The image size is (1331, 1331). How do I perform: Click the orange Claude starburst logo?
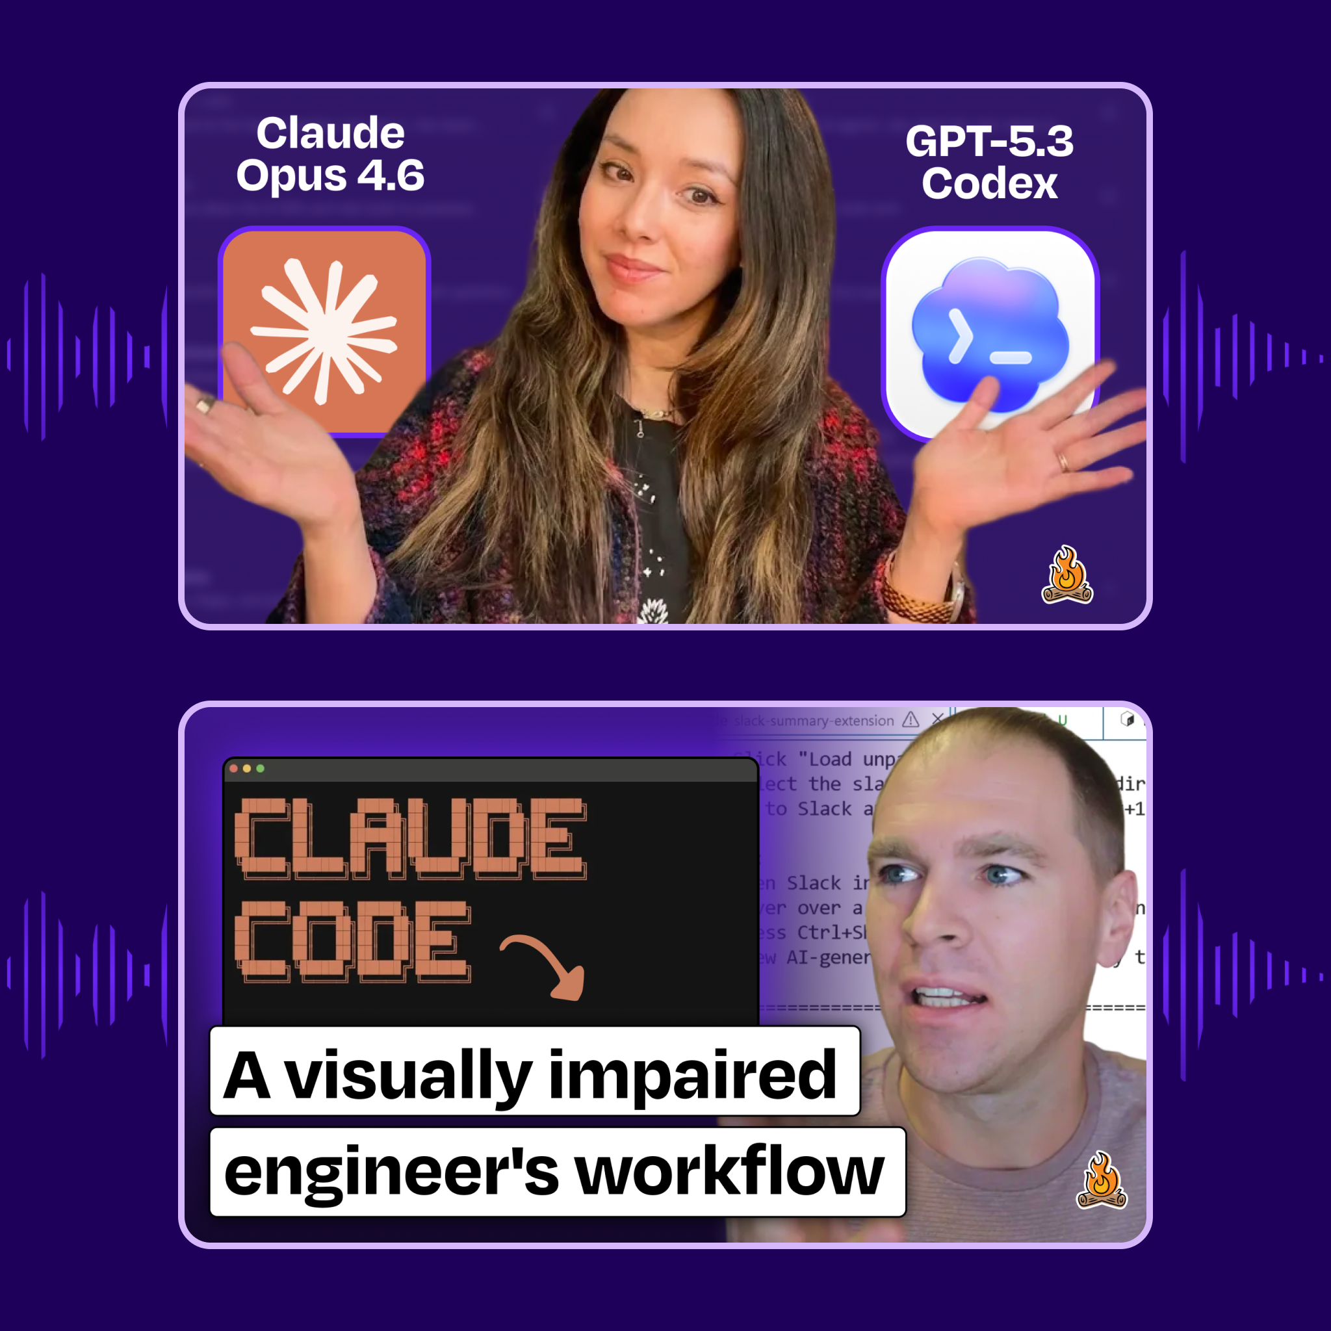(324, 331)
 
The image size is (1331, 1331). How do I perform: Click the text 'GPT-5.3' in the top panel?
(989, 141)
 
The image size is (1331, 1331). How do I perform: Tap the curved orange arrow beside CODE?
(548, 964)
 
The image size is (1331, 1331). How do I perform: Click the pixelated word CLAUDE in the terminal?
(410, 838)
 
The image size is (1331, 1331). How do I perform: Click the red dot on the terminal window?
(233, 768)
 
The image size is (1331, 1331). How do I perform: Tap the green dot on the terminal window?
(261, 768)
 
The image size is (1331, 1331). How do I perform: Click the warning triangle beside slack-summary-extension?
(911, 720)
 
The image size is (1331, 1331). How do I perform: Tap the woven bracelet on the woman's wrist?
(916, 599)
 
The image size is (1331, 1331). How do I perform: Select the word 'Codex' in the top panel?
(989, 184)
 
